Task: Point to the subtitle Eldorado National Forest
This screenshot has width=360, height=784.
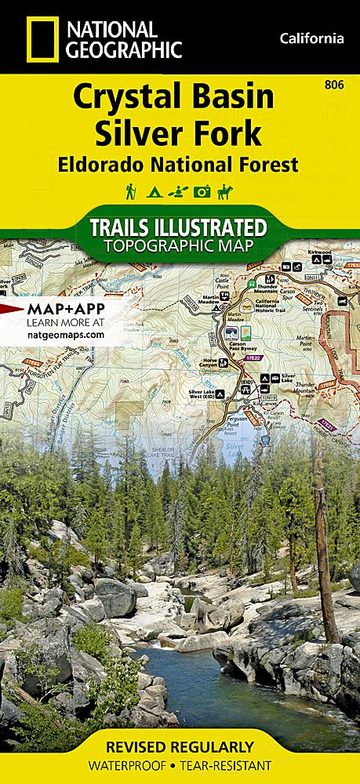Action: coord(177,165)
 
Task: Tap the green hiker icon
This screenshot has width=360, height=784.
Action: coord(130,191)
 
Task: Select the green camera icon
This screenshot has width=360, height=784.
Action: coord(202,191)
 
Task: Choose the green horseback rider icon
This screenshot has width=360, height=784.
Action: coord(226,191)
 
